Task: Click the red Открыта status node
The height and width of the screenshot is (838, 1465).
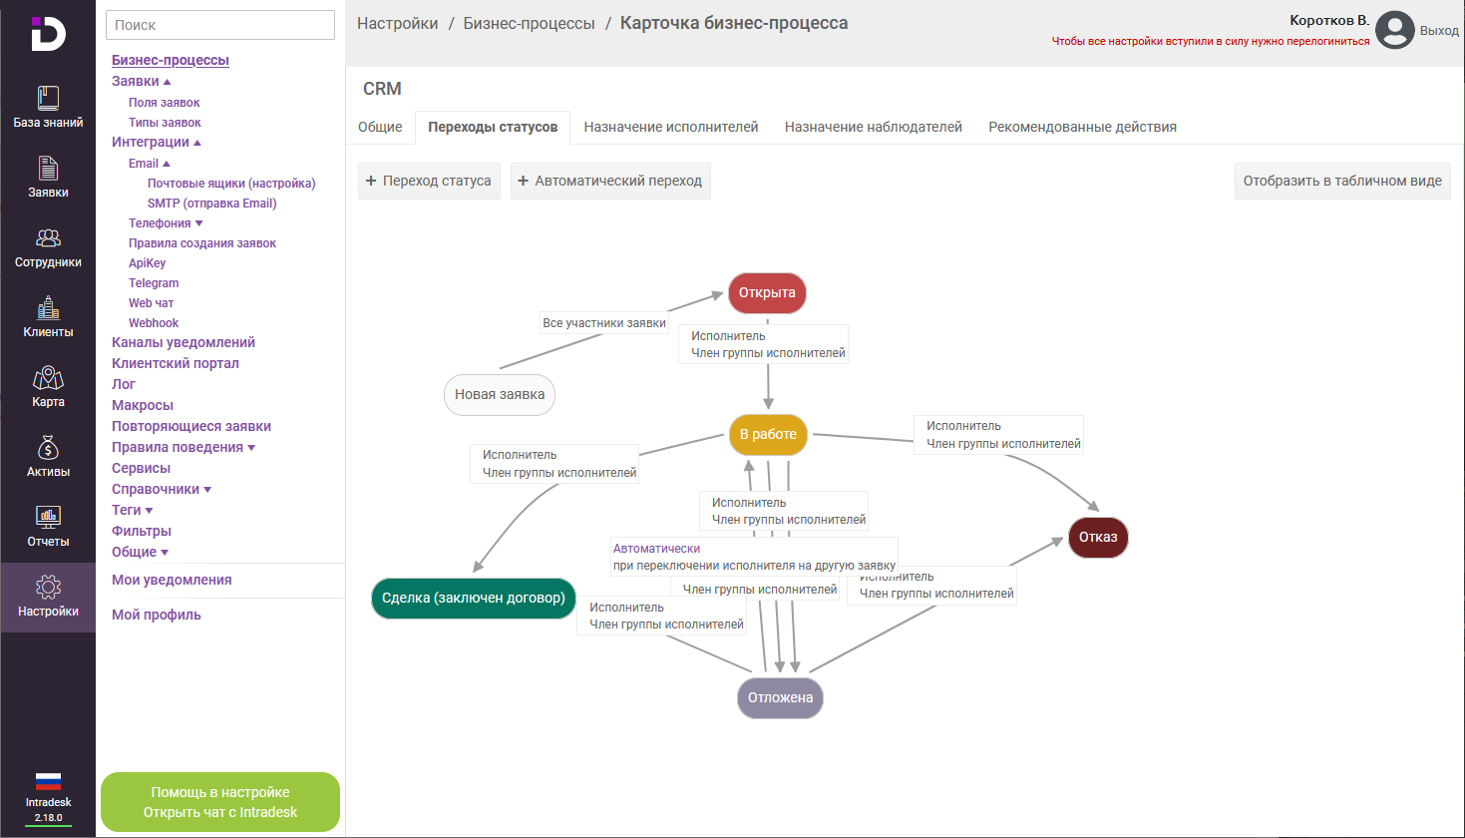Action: (767, 293)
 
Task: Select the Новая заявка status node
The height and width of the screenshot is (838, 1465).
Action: (499, 395)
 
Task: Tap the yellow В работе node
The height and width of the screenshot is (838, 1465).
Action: (768, 435)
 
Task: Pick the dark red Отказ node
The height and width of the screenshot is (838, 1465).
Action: (1098, 538)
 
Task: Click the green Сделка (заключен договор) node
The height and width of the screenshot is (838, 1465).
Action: (474, 599)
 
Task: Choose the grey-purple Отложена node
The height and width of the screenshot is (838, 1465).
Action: (780, 698)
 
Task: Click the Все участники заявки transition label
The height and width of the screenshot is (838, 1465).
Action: (604, 323)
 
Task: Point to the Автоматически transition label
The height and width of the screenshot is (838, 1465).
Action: (657, 549)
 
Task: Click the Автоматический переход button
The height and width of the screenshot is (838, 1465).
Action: (610, 182)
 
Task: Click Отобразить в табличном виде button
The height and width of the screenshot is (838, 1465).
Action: (1342, 182)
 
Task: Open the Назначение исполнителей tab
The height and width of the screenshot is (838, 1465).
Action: (671, 128)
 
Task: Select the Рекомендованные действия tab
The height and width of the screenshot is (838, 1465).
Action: (1082, 128)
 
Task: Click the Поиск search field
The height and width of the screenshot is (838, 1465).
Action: (220, 25)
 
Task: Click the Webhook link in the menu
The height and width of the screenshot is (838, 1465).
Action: (154, 323)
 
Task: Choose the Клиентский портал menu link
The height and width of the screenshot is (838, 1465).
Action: (176, 364)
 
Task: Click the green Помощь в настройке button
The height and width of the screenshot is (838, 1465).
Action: (220, 802)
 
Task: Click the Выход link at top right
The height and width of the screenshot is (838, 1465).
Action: (1439, 31)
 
